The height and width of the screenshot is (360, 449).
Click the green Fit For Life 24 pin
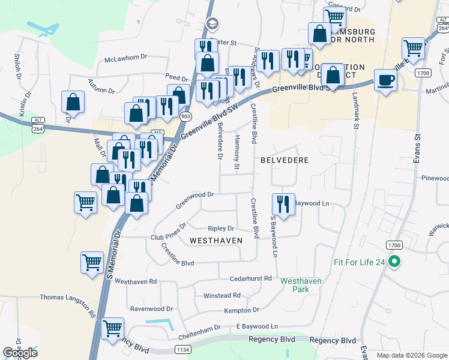coord(394,262)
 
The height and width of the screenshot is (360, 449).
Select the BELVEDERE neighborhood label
coord(285,160)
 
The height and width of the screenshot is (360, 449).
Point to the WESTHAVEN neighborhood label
coord(215,240)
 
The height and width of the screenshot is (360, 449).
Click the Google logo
coord(20,353)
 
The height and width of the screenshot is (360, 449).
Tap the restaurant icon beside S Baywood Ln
coord(283,203)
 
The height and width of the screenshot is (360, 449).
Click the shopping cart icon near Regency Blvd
coord(112,328)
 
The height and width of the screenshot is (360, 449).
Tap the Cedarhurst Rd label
coord(251,279)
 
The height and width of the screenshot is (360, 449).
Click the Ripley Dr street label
coord(220,229)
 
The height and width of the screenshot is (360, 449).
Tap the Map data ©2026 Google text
coord(411,355)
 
